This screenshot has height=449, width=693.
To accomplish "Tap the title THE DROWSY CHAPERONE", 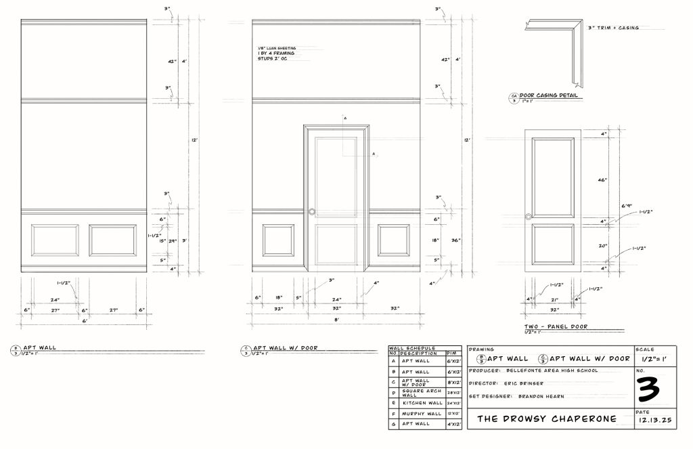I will tap(547, 419).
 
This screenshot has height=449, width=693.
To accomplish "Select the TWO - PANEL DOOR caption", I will tap(556, 326).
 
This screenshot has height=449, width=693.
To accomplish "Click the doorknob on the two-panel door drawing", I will tap(528, 217).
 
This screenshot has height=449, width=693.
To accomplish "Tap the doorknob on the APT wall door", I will tap(312, 211).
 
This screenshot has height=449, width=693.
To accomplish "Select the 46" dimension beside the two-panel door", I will tap(602, 180).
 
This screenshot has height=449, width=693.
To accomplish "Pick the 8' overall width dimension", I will tap(336, 321).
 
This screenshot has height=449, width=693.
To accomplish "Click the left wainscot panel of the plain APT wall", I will tap(55, 240).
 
